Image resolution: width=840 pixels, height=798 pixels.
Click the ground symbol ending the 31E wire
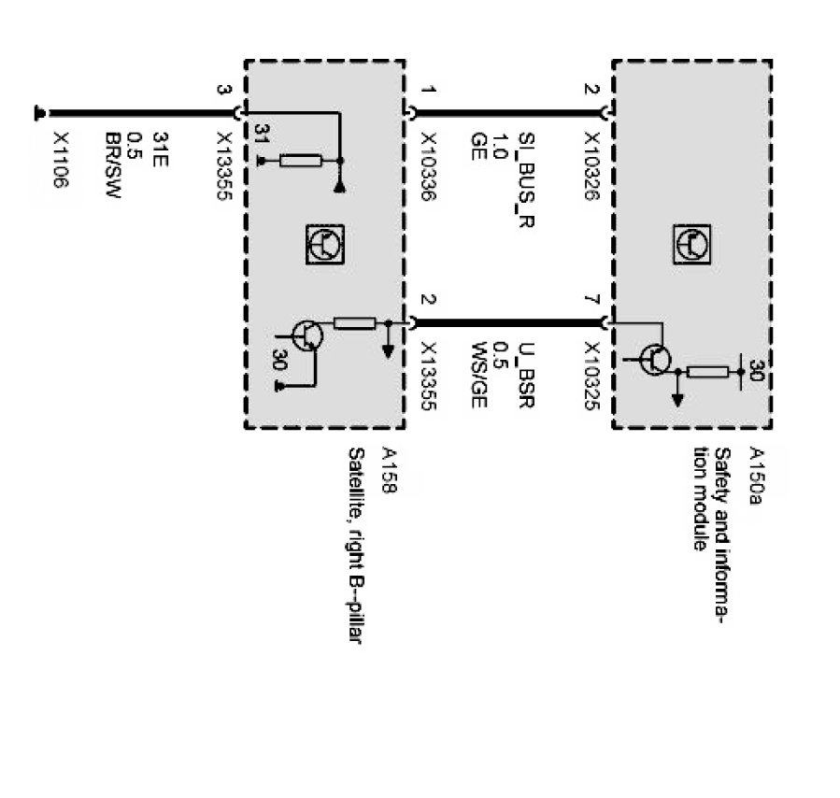tap(39, 112)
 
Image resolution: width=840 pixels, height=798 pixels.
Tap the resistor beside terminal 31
tap(300, 161)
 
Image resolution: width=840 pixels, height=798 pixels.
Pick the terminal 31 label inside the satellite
tap(263, 132)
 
